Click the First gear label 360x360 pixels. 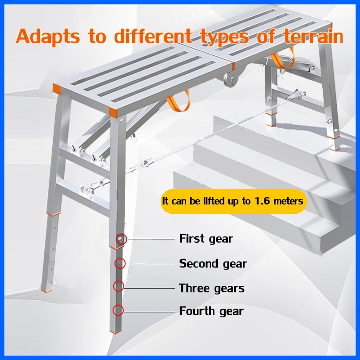pos(206,239)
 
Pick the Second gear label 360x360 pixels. pos(213,263)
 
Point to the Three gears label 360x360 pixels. pos(212,288)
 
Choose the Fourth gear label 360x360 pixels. pos(211,311)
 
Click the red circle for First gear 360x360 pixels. pos(121,239)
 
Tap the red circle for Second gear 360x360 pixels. pos(119,263)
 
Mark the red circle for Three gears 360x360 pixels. pos(119,287)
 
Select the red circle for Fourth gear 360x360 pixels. pos(118,310)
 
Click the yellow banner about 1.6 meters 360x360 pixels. pos(233,202)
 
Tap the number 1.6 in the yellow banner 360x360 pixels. pos(262,202)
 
